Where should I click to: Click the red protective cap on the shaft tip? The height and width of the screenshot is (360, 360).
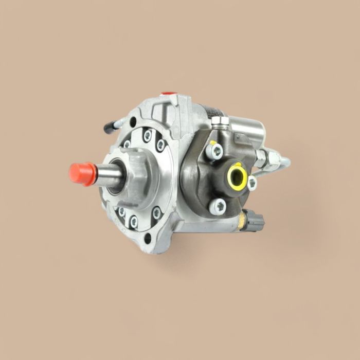pos(82,173)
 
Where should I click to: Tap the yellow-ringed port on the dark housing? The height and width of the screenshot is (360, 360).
pos(237,175)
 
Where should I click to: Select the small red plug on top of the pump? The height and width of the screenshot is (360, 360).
pos(166,95)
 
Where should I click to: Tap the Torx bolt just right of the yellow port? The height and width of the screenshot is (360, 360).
pos(251,182)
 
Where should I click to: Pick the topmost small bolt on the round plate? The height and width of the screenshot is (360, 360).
pos(148,136)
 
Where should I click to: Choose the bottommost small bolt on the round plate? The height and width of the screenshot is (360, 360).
pos(134,222)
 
